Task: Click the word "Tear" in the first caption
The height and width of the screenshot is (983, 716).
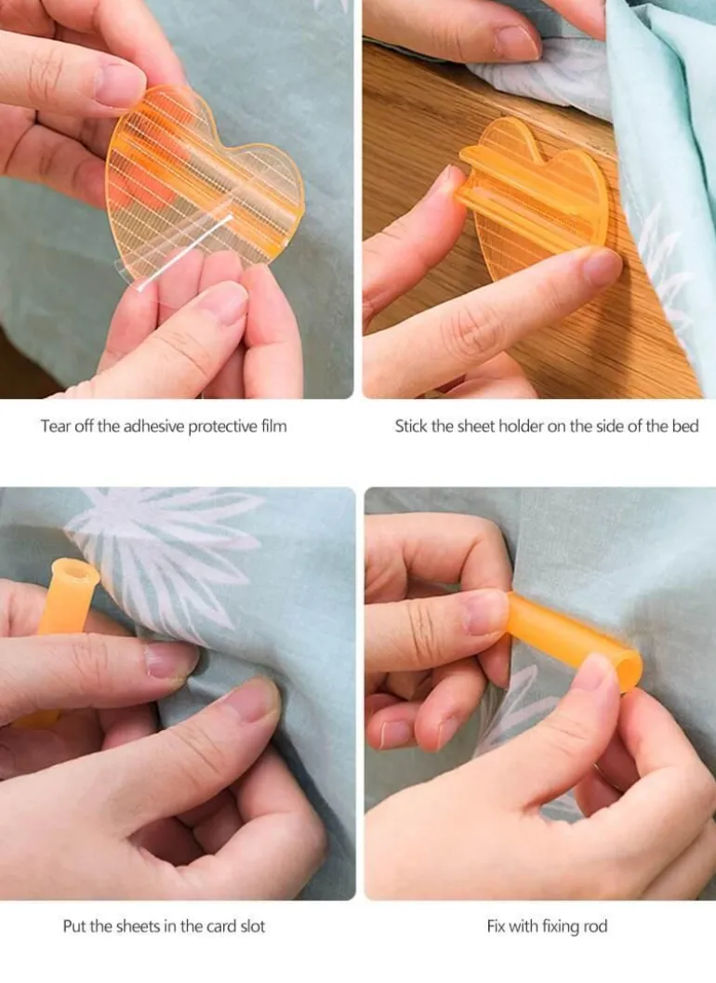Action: pos(55,426)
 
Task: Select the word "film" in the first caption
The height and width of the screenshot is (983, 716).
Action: pos(274,426)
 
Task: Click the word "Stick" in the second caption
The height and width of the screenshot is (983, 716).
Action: pos(411,426)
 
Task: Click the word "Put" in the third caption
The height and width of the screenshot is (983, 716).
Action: pos(74,926)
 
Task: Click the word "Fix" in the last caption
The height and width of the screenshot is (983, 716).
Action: pos(496,926)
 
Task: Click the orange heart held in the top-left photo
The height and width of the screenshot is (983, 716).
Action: pos(201,181)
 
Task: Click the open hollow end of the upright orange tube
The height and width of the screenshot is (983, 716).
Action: pos(75,570)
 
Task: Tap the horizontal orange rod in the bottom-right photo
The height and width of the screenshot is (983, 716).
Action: pos(574,640)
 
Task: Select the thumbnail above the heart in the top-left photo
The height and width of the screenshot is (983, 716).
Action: pos(119,85)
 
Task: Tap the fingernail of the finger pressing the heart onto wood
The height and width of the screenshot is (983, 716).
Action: pos(602,265)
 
